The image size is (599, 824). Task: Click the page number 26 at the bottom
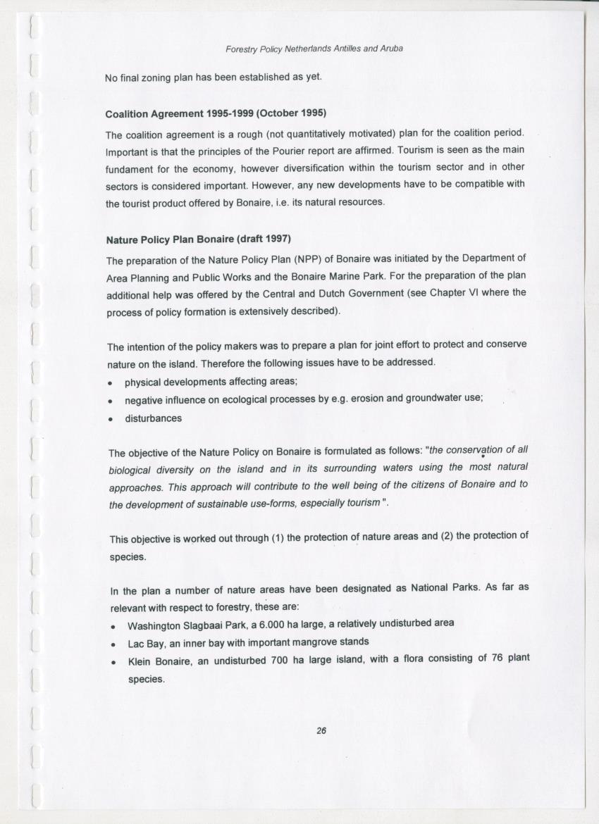pyautogui.click(x=321, y=731)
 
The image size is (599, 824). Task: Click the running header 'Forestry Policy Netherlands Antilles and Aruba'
pyautogui.click(x=314, y=49)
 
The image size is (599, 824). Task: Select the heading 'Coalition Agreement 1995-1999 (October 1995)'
pyautogui.click(x=216, y=113)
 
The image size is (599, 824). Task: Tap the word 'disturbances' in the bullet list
pyautogui.click(x=153, y=418)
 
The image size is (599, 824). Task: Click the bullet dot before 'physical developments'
pyautogui.click(x=111, y=382)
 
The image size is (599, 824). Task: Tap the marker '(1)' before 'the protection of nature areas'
pyautogui.click(x=278, y=538)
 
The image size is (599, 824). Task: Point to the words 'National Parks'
pyautogui.click(x=443, y=588)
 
